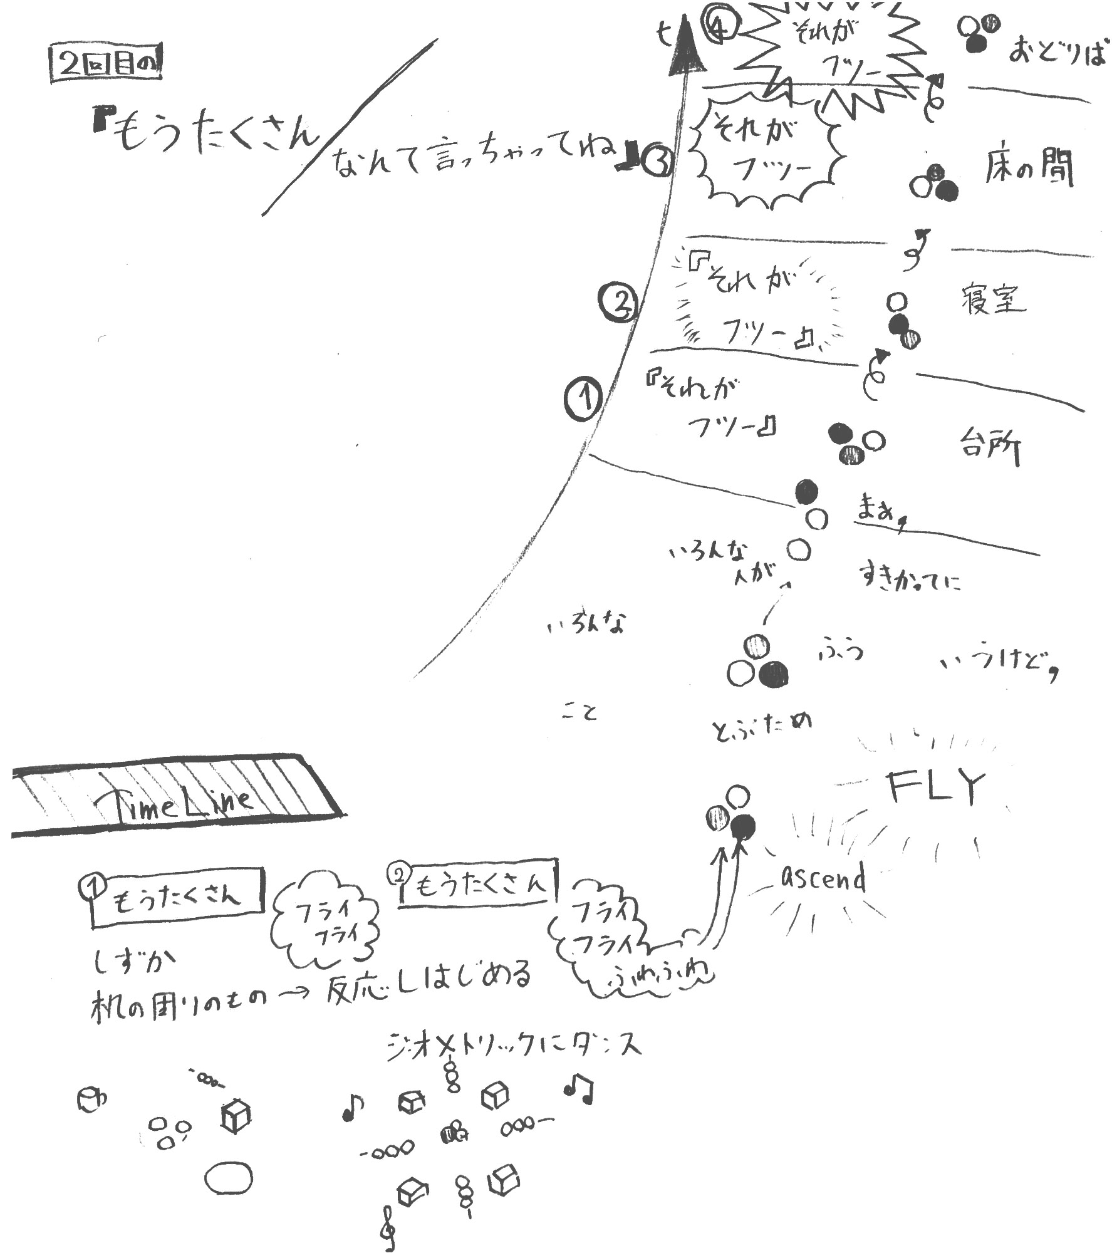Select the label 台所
tap(989, 446)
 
